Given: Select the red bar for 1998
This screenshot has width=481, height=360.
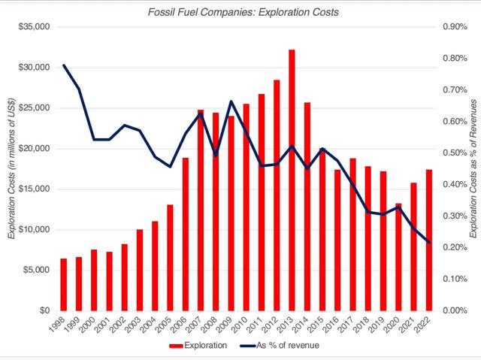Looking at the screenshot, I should [x=64, y=285].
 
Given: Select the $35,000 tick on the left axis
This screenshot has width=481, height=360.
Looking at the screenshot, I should [x=33, y=27].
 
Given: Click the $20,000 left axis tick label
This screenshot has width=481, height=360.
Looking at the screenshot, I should [x=33, y=148].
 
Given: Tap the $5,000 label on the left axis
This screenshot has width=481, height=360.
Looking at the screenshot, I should [x=35, y=270].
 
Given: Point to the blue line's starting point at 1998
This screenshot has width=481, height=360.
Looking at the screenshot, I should [x=64, y=65].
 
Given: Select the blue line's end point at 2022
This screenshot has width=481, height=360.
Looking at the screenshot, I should [x=428, y=242].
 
